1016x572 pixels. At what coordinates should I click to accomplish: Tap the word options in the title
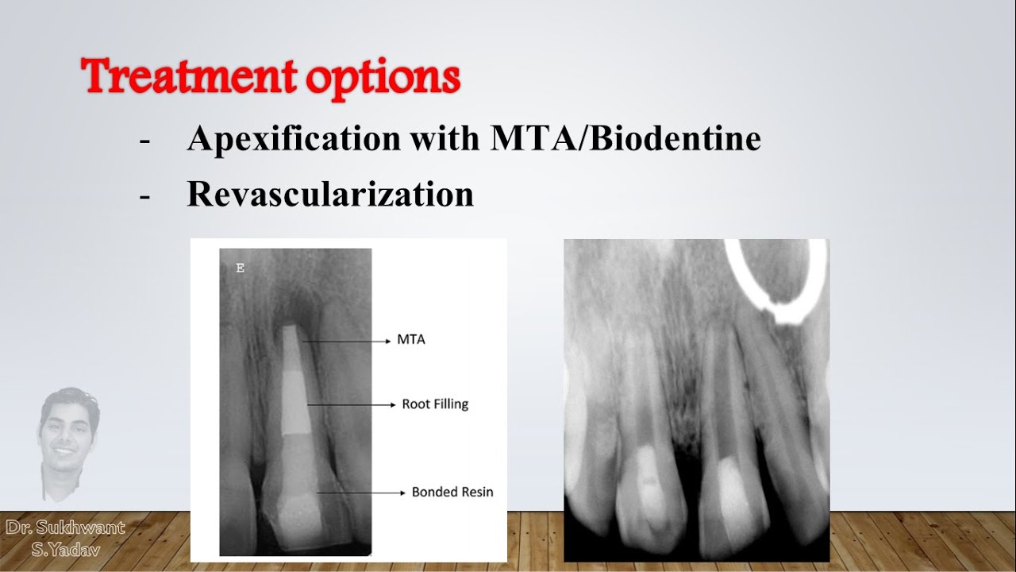[383, 79]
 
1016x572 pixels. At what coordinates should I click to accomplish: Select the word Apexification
[294, 138]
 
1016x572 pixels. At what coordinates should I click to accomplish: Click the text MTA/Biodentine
[625, 137]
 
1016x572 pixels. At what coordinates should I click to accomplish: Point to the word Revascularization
[331, 194]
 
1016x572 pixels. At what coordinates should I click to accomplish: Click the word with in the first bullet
[445, 137]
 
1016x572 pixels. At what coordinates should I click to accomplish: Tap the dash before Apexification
[144, 141]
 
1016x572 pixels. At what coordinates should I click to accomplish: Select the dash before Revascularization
[144, 196]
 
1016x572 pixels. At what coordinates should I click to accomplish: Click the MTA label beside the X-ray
[411, 339]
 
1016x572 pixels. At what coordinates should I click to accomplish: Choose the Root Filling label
[435, 404]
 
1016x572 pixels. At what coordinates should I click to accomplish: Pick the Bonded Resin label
[452, 492]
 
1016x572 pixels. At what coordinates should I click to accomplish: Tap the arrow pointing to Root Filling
[352, 404]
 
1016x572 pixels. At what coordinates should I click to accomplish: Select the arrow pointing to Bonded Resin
[361, 493]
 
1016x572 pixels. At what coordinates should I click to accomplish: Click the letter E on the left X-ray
[241, 269]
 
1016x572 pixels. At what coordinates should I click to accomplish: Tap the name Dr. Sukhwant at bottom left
[65, 528]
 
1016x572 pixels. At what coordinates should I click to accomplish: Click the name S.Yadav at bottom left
[66, 551]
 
